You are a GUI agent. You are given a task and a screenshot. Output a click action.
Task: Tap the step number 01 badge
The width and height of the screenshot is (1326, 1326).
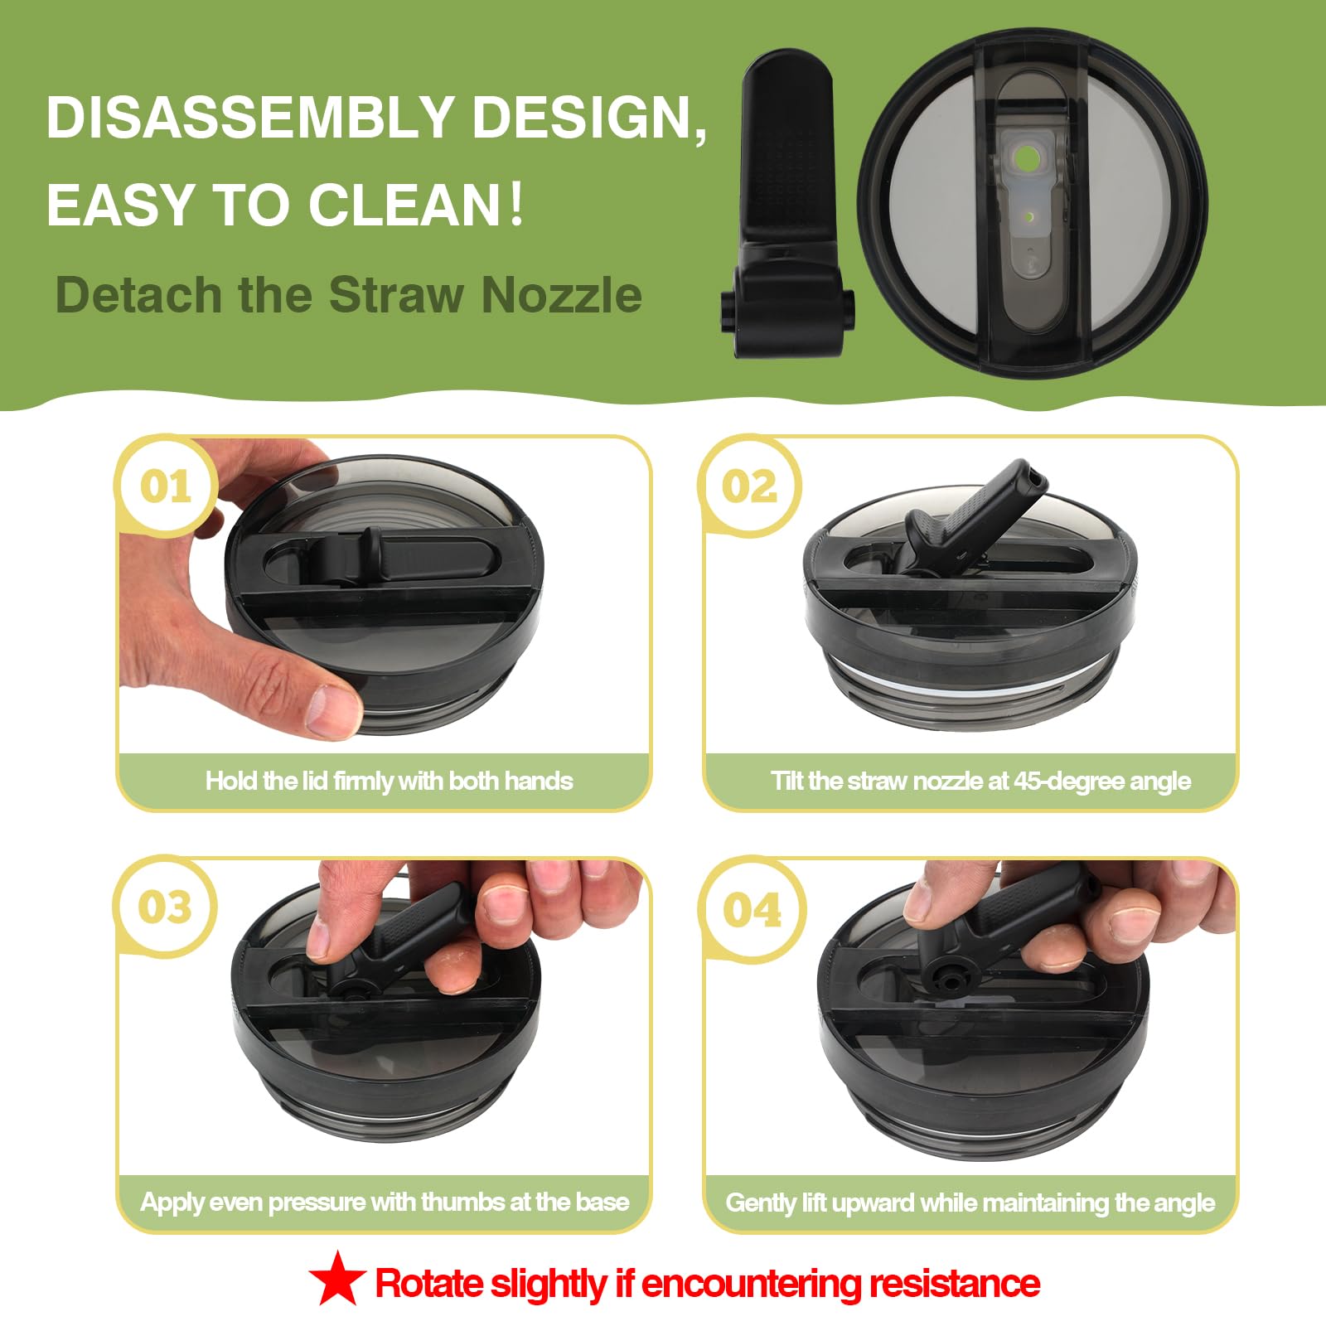click(166, 486)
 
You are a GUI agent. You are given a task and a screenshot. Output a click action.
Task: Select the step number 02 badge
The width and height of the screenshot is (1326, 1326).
click(749, 486)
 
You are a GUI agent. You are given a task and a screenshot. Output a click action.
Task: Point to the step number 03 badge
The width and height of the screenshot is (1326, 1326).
click(166, 907)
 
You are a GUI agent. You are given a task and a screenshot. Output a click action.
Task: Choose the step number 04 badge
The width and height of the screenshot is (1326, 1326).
click(751, 909)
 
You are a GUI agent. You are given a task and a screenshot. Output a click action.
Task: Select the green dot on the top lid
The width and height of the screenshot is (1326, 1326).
click(1027, 158)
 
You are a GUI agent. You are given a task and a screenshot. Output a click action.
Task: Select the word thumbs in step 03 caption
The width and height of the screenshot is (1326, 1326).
click(465, 1202)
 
